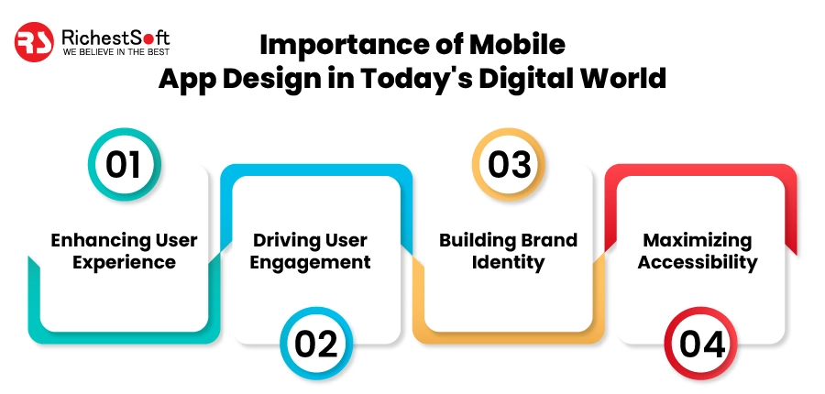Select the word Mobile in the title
point(523,43)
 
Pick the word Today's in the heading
point(402,78)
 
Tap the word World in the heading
point(623,78)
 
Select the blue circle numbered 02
point(315,343)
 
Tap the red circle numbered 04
point(700,343)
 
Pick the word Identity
point(509,263)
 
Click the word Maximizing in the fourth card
point(698,241)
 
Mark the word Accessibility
point(698,263)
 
